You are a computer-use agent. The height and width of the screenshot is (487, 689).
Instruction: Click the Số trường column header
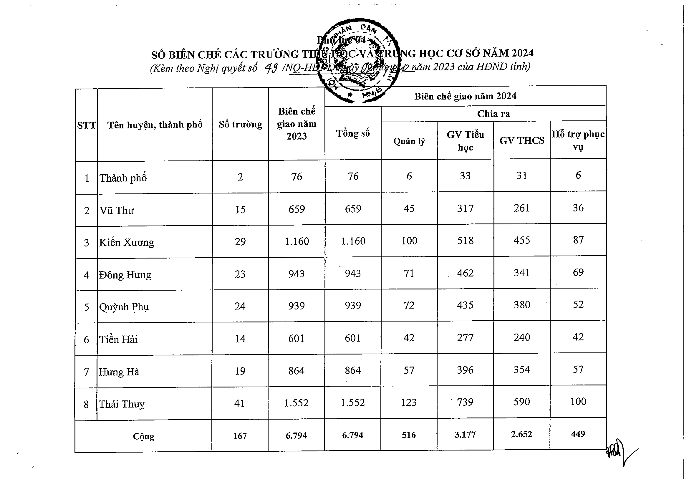pos(240,124)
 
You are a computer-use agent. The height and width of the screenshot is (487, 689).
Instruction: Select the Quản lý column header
pos(409,141)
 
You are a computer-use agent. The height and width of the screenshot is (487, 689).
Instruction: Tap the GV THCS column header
pos(521,140)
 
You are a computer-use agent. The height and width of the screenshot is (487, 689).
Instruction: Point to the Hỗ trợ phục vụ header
pos(578,140)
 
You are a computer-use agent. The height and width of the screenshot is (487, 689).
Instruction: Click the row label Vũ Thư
pos(117,210)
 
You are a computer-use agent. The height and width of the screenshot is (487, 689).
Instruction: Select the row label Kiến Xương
pos(127,242)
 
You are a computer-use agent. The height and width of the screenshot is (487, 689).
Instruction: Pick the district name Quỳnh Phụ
pos(124,307)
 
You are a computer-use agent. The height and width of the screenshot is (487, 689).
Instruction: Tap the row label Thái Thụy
pos(122,404)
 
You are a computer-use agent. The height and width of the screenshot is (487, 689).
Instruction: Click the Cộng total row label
pos(143,436)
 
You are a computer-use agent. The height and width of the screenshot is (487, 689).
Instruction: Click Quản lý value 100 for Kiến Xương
pos(409,241)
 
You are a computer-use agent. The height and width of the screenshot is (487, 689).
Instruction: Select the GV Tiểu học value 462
pos(465,273)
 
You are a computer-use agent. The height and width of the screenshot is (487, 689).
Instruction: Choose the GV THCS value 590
pos(521,402)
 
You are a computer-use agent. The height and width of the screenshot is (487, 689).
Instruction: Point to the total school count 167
pos(240,436)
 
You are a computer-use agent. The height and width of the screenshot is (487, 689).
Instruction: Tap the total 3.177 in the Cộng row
pos(465,435)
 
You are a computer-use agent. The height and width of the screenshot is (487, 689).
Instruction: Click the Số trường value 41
pos(240,403)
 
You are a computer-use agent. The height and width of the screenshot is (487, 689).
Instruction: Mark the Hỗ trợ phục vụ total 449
pos(578,434)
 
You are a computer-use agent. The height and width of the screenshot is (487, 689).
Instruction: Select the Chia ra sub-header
pos(493,114)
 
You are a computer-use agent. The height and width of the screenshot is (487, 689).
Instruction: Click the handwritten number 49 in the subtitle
pos(271,68)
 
